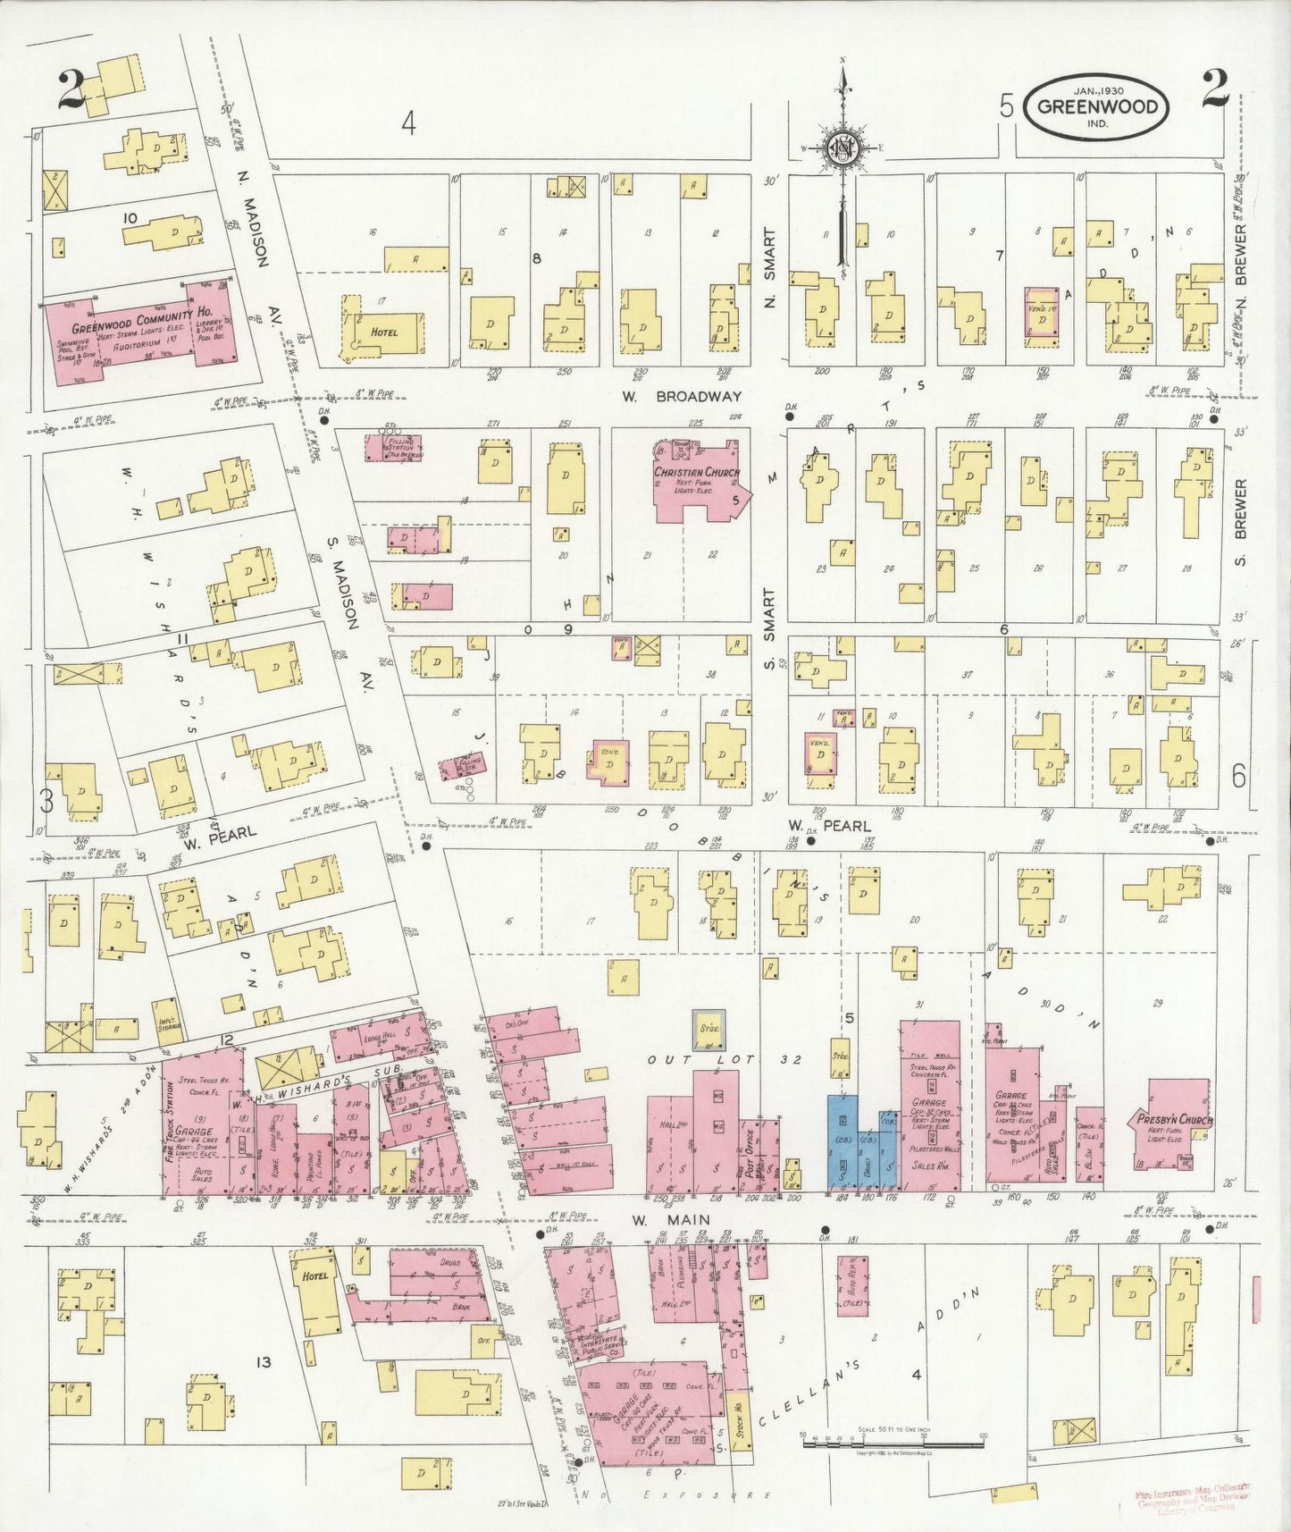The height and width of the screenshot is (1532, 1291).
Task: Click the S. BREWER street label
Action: pyautogui.click(x=1239, y=522)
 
